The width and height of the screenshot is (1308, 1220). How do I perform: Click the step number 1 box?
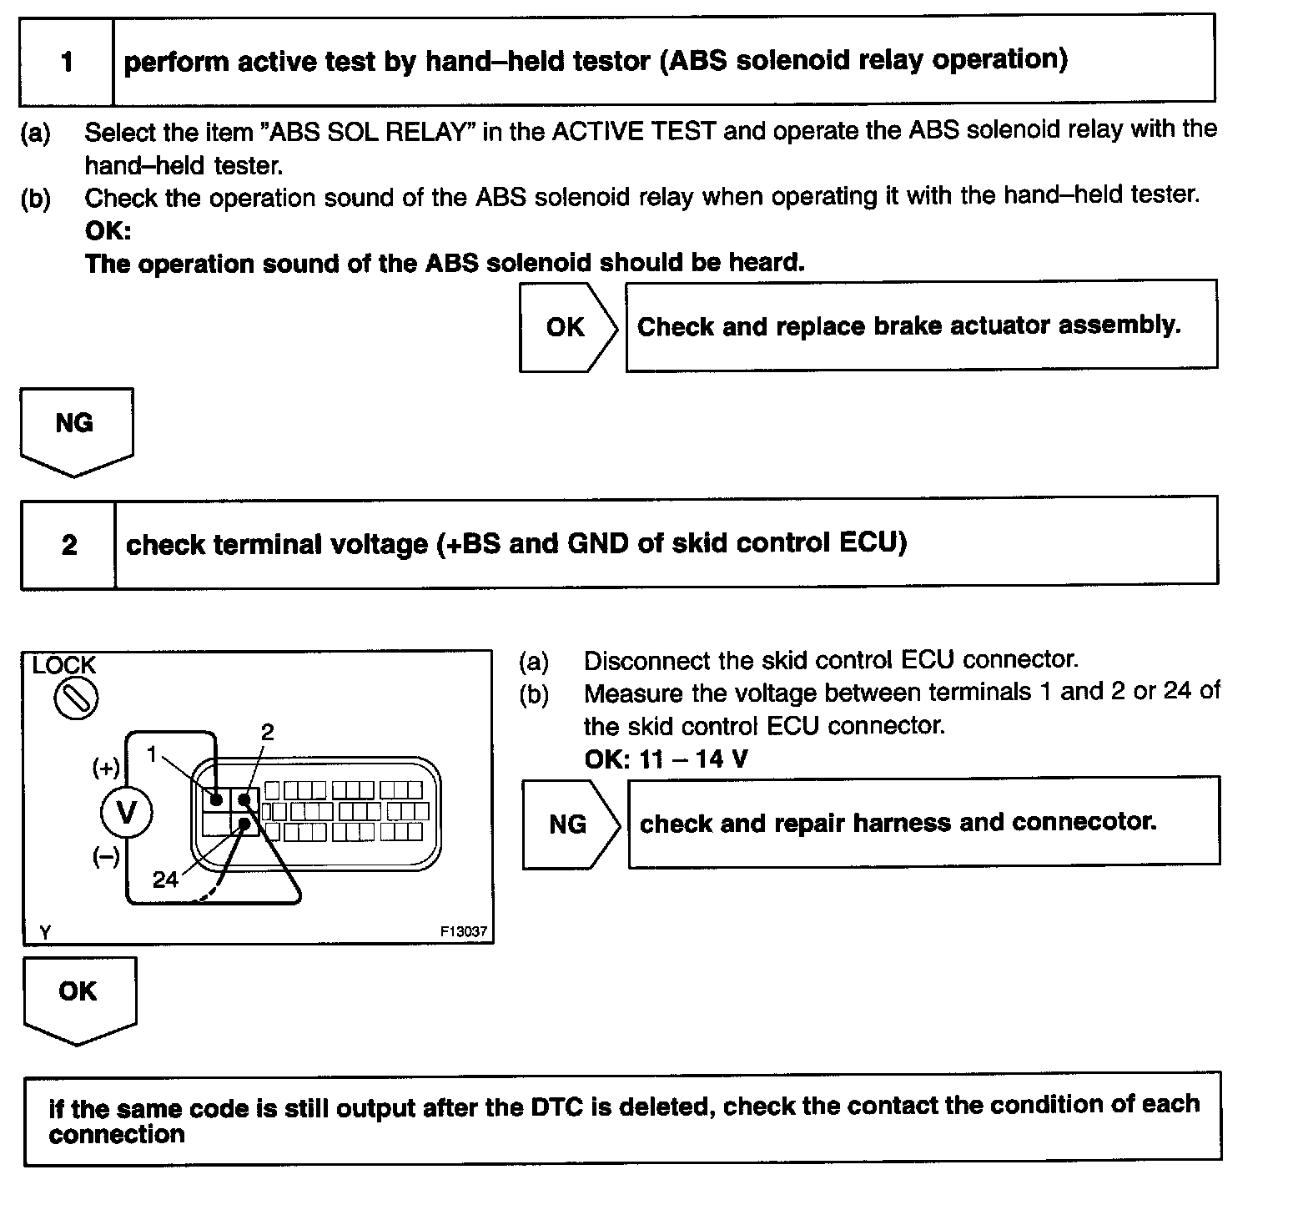pyautogui.click(x=67, y=62)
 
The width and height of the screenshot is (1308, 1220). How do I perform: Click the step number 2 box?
pyautogui.click(x=69, y=545)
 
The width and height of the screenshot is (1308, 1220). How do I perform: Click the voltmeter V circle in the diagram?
pyautogui.click(x=127, y=812)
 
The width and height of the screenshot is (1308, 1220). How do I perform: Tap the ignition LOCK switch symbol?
pyautogui.click(x=76, y=698)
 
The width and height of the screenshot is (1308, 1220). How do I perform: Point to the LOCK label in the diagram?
pyautogui.click(x=64, y=666)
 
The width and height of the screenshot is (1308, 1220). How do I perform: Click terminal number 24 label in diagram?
pyautogui.click(x=165, y=880)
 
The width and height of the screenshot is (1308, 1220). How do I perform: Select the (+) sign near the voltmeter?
pyautogui.click(x=106, y=768)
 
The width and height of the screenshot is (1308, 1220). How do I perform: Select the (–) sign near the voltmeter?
pyautogui.click(x=106, y=857)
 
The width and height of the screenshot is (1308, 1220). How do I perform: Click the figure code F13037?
pyautogui.click(x=464, y=932)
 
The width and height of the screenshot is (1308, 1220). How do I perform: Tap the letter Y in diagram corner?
pyautogui.click(x=45, y=932)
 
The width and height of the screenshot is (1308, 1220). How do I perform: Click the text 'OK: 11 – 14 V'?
pyautogui.click(x=666, y=759)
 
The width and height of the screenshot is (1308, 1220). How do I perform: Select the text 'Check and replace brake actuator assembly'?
pyautogui.click(x=908, y=325)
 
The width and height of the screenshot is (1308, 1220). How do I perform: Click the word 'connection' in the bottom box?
pyautogui.click(x=117, y=1135)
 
